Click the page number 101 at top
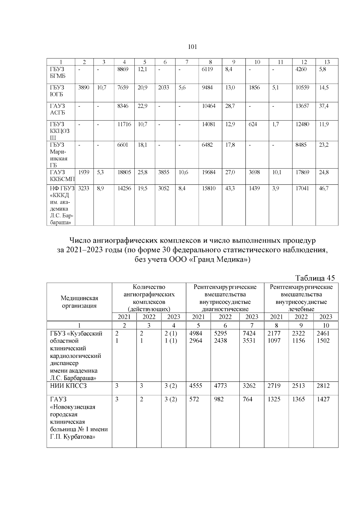tap(192, 47)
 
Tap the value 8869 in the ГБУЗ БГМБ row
tap(123, 69)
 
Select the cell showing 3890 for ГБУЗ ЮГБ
tap(83, 88)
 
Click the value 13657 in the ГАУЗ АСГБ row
tap(302, 106)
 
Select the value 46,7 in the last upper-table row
tap(323, 188)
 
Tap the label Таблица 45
tap(315, 278)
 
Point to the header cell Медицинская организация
tap(79, 302)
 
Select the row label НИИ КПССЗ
tap(68, 386)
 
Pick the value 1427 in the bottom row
tap(323, 399)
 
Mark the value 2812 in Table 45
tap(323, 386)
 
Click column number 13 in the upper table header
tap(327, 62)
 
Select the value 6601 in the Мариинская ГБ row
tap(123, 145)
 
